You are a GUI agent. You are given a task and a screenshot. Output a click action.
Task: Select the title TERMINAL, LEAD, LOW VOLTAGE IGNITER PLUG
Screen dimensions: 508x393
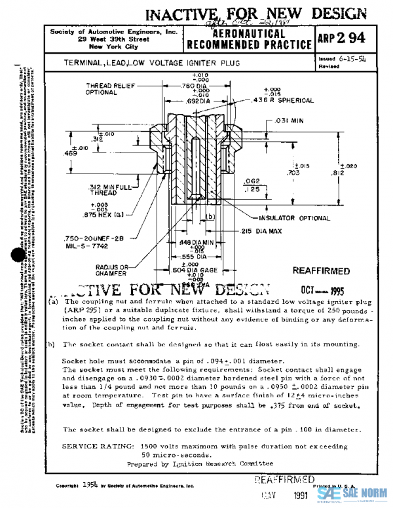click(x=152, y=63)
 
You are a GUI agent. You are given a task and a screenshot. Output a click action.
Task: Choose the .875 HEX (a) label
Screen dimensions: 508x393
click(x=109, y=213)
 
